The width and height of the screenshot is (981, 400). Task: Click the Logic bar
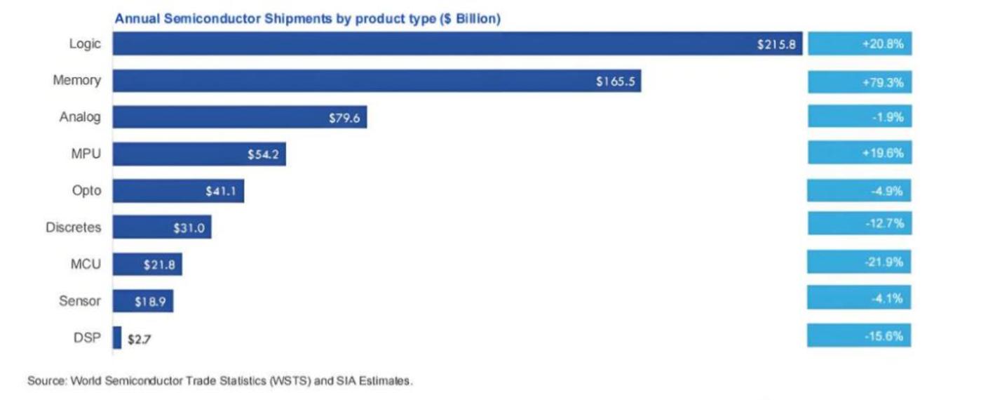point(456,44)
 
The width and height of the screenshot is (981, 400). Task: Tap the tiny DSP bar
point(117,338)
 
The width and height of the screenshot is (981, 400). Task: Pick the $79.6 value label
point(344,118)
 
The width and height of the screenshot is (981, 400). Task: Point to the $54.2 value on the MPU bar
point(262,155)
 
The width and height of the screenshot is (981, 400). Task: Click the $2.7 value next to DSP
point(140,339)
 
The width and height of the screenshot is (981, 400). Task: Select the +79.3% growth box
point(860,81)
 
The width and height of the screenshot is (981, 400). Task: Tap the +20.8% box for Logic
point(860,44)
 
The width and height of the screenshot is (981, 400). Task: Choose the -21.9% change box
point(860,262)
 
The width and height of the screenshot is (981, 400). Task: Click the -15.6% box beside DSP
point(860,335)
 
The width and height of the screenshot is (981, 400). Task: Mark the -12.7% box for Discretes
point(860,224)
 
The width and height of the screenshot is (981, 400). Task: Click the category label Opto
point(86,191)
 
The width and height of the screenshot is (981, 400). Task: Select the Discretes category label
point(73,227)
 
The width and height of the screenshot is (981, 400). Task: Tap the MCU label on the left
point(86,265)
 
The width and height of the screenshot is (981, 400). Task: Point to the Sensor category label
point(79,302)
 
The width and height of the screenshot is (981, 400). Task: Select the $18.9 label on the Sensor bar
point(150,302)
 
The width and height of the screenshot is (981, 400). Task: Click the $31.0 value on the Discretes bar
point(187,228)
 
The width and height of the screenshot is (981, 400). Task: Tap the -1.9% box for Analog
point(860,117)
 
